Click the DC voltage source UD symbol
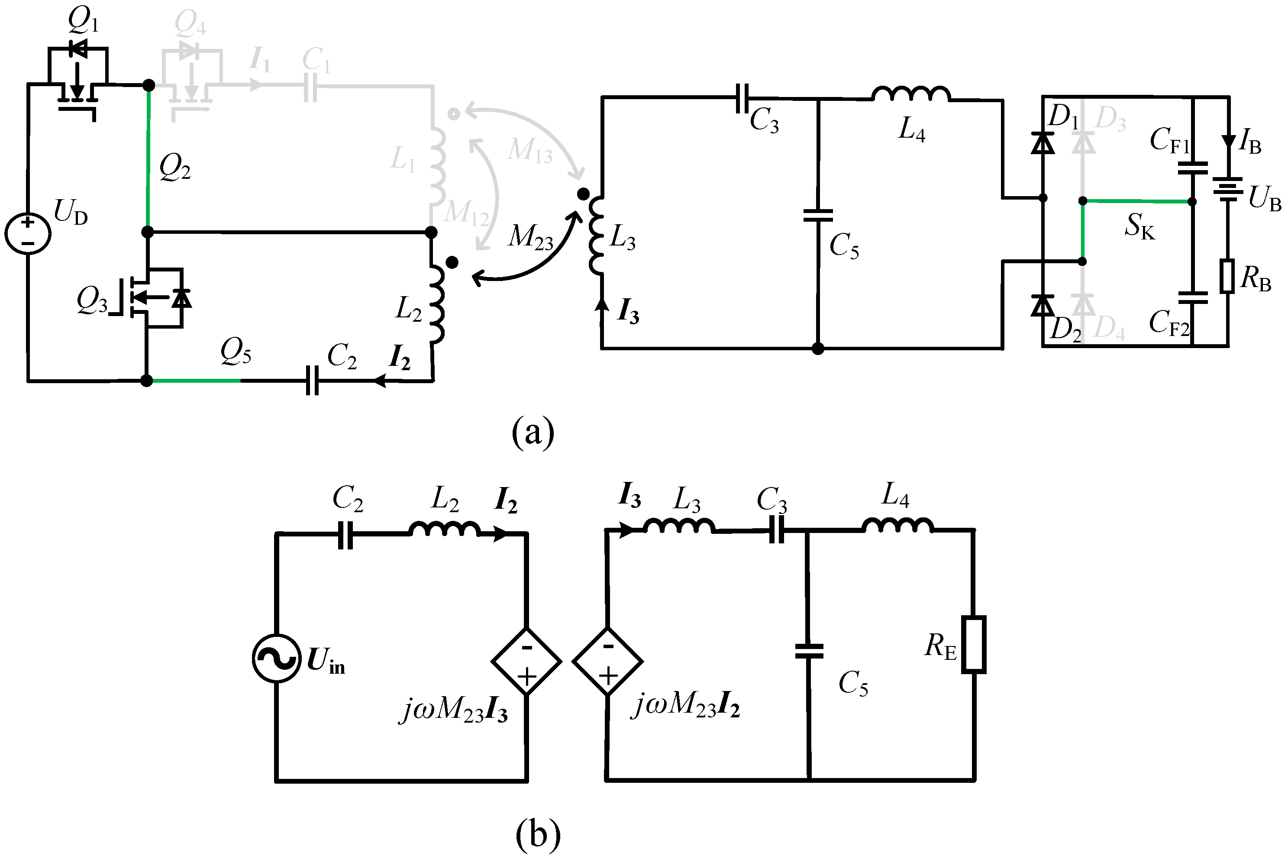(x=27, y=233)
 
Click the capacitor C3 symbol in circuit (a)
(x=742, y=99)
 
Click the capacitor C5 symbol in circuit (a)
(x=818, y=215)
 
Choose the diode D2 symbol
(x=1043, y=306)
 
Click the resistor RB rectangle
(x=1227, y=277)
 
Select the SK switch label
(x=1140, y=226)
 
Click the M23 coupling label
(x=530, y=238)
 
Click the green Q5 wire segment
(x=195, y=380)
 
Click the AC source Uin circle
(x=276, y=659)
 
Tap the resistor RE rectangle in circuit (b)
(x=974, y=644)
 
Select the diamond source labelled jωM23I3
(x=526, y=661)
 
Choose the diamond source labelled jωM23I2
(x=607, y=661)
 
